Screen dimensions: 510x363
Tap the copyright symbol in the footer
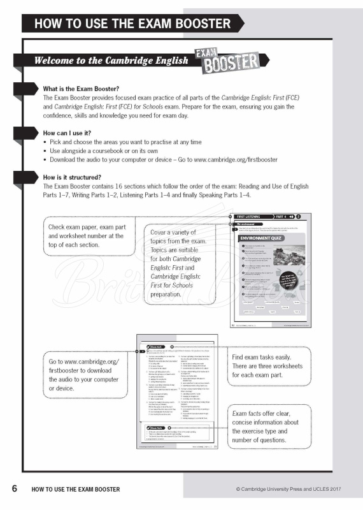click(238, 490)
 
